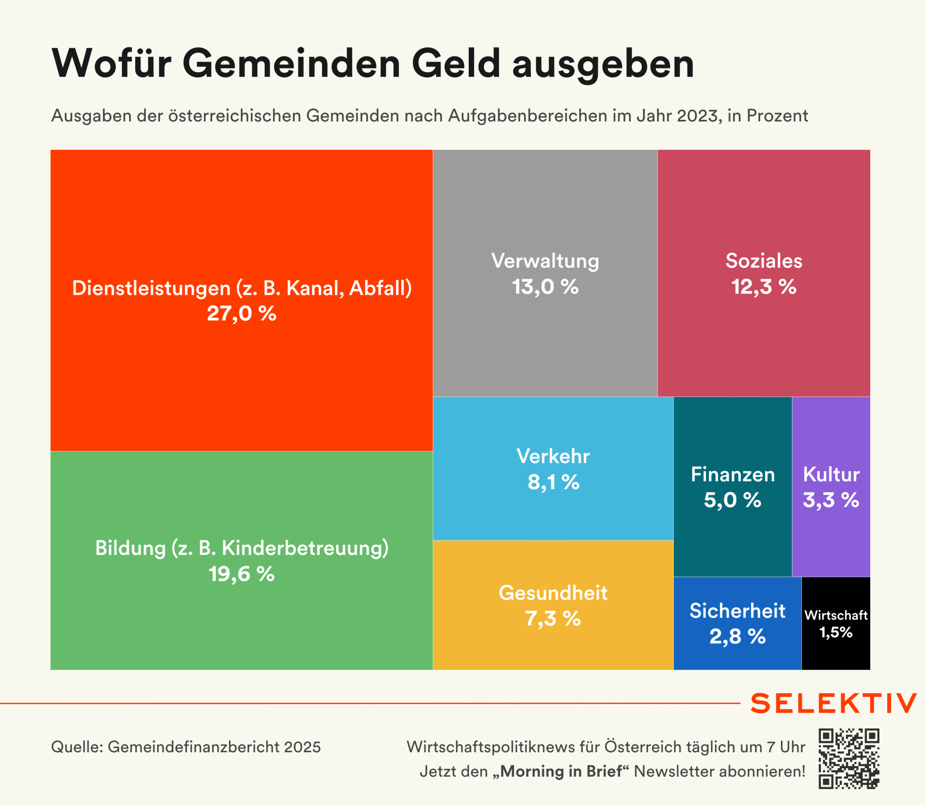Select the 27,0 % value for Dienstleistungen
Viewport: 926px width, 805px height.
241,313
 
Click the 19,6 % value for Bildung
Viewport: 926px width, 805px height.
241,574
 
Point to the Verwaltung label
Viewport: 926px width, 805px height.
545,261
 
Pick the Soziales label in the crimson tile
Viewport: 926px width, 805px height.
764,261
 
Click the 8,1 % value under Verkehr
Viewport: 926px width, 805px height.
553,483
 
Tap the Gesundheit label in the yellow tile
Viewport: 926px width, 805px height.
553,593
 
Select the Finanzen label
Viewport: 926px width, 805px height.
733,475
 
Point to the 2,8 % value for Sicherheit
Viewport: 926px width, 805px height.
737,637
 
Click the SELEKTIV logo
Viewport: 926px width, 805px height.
833,703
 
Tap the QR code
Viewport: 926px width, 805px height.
848,759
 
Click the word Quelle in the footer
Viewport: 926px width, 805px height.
77,747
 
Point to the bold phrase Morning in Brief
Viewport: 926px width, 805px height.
561,772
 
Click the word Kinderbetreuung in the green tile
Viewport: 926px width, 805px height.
305,548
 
